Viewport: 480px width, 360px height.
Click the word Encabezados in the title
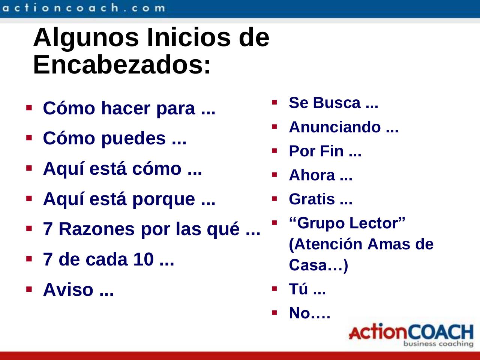(x=121, y=65)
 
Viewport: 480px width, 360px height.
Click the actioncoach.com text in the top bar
(x=84, y=8)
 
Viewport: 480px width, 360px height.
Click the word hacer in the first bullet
(x=126, y=108)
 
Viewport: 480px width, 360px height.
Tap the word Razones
(x=97, y=229)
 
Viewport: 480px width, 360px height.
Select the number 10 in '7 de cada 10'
(x=144, y=259)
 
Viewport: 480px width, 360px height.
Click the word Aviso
(x=68, y=289)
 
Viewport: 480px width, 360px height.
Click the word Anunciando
(x=335, y=127)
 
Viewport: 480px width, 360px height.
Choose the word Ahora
(x=312, y=175)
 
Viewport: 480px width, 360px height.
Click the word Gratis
(x=312, y=199)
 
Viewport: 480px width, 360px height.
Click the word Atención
(x=325, y=244)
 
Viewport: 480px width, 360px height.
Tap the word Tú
(x=298, y=289)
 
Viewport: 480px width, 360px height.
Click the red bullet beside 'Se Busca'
(x=274, y=102)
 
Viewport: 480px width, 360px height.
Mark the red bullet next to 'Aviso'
(x=29, y=289)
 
